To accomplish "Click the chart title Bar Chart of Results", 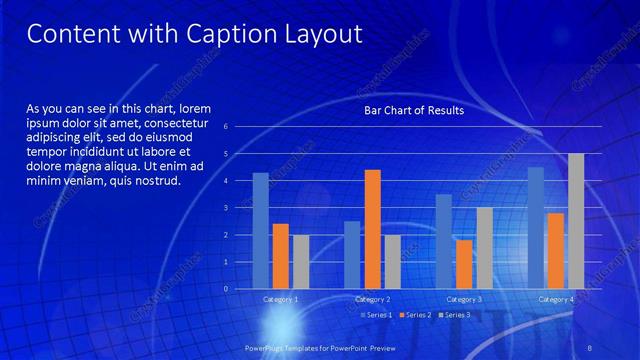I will [x=413, y=111].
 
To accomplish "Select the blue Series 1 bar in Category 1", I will [x=260, y=230].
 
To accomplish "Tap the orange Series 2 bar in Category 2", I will [x=372, y=229].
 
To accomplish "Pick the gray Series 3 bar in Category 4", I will [x=576, y=221].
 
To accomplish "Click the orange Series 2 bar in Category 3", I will [x=464, y=264].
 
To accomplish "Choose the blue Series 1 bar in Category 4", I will [x=536, y=227].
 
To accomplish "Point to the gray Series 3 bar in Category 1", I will [x=300, y=261].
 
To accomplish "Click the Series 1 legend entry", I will [x=375, y=315].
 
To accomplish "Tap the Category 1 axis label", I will [x=280, y=299].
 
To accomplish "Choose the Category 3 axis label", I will [x=464, y=299].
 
